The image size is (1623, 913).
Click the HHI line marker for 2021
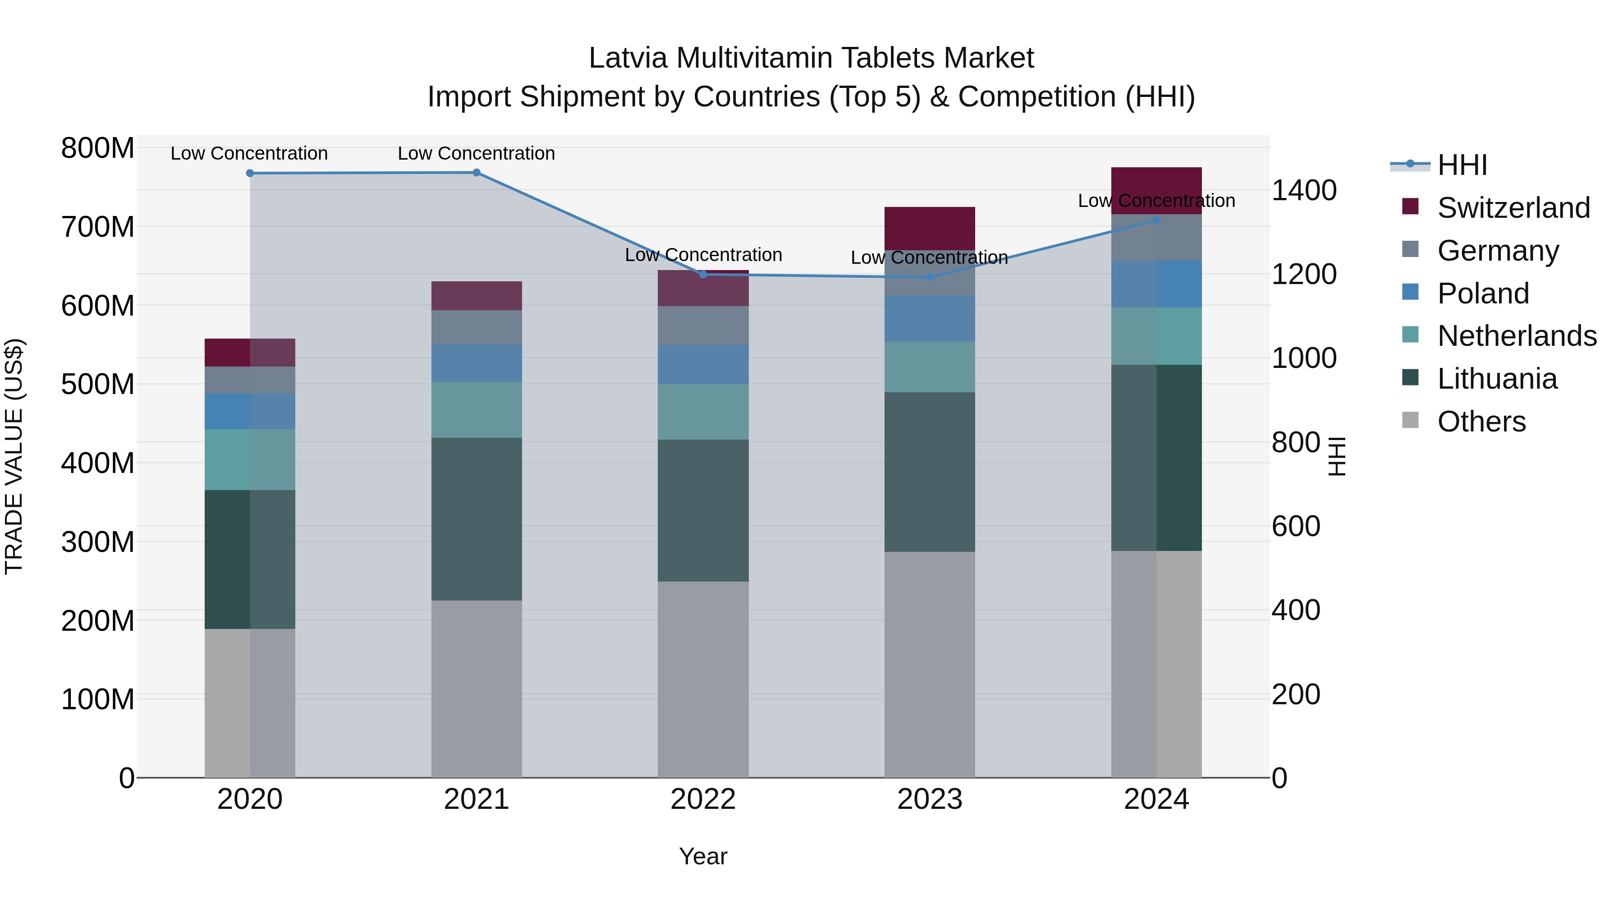pos(477,173)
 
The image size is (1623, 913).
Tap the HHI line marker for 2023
pos(930,277)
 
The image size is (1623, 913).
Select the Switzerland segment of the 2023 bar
pos(930,228)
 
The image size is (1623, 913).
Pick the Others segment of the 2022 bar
pos(703,679)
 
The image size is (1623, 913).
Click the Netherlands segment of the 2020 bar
pos(250,459)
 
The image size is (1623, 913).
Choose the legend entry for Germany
pos(1498,251)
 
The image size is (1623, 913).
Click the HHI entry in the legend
pos(1462,165)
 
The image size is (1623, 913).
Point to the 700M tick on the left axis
pos(98,227)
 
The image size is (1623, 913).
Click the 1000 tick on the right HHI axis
pos(1303,358)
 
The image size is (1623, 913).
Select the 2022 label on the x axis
pos(703,799)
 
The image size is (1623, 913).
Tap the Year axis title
pos(703,856)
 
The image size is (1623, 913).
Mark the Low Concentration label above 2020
pos(249,153)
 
